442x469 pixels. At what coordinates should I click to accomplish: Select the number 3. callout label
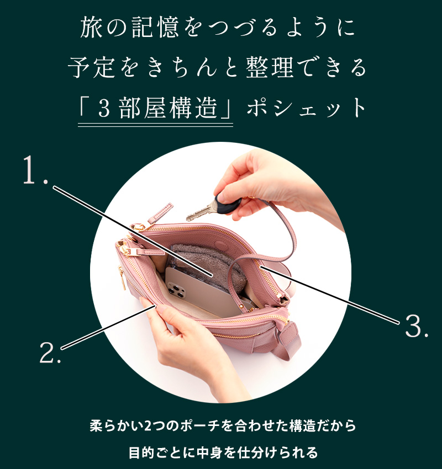(417, 326)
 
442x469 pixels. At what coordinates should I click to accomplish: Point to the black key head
(229, 204)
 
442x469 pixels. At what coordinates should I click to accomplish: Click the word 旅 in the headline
(92, 28)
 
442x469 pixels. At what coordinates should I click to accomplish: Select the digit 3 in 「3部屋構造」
(104, 109)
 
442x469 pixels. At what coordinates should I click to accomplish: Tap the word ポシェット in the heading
(306, 108)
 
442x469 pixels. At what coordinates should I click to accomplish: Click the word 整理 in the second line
(270, 68)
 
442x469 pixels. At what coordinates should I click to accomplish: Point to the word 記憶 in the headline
(155, 28)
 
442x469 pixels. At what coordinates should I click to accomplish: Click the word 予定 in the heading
(92, 68)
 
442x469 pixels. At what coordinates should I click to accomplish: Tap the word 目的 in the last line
(141, 452)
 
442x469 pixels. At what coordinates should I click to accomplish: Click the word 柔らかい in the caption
(117, 425)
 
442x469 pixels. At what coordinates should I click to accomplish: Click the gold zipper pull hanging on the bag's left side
(122, 278)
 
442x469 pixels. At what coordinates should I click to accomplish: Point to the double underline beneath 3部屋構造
(155, 125)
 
